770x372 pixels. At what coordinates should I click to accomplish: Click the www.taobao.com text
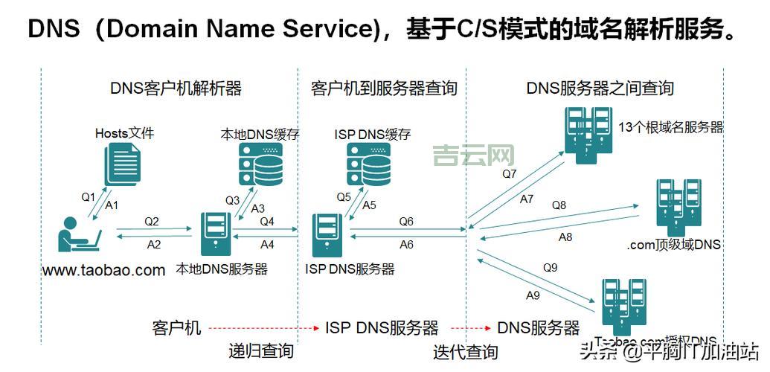pyautogui.click(x=103, y=270)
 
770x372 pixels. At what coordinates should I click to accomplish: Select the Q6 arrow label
pyautogui.click(x=406, y=221)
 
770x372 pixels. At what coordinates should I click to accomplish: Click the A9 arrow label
pyautogui.click(x=533, y=295)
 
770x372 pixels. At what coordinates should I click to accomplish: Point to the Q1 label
pyautogui.click(x=89, y=197)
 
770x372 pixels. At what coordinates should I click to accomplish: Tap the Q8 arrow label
pyautogui.click(x=559, y=205)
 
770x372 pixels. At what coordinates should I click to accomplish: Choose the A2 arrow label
pyautogui.click(x=154, y=244)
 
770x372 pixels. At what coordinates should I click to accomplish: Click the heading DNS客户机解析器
pyautogui.click(x=176, y=89)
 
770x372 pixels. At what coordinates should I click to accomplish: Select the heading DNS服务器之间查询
pyautogui.click(x=600, y=89)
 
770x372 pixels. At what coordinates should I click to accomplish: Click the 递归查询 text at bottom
pyautogui.click(x=260, y=351)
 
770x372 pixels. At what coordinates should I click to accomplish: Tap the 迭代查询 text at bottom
pyautogui.click(x=466, y=351)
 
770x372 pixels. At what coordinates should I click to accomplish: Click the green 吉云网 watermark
pyautogui.click(x=473, y=155)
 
